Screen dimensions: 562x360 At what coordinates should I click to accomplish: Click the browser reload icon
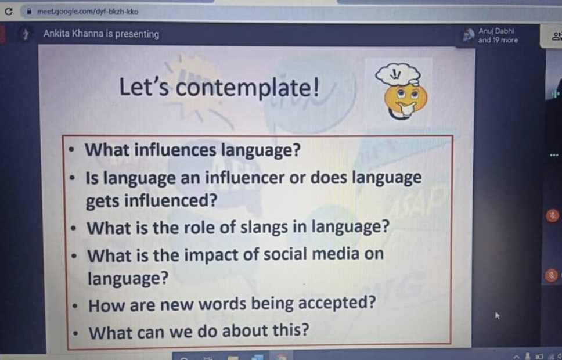coord(9,12)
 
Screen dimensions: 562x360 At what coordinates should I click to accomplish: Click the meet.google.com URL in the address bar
coord(88,12)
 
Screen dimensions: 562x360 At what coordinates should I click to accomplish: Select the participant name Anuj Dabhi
coord(496,31)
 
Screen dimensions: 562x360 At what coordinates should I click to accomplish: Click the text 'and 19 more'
coord(498,40)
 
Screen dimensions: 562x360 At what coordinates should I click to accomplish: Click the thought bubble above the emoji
coord(398,74)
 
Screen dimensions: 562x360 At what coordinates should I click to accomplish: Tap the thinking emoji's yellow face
coord(405,100)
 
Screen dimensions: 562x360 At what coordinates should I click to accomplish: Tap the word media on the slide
coord(336,254)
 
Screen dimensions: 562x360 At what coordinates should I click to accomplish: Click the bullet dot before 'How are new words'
coord(74,306)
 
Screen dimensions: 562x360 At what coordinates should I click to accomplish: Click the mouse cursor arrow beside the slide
coord(497,315)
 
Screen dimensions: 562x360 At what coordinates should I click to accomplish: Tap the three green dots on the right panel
coord(554,155)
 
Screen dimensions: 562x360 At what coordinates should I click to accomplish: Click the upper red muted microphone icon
coord(552,215)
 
